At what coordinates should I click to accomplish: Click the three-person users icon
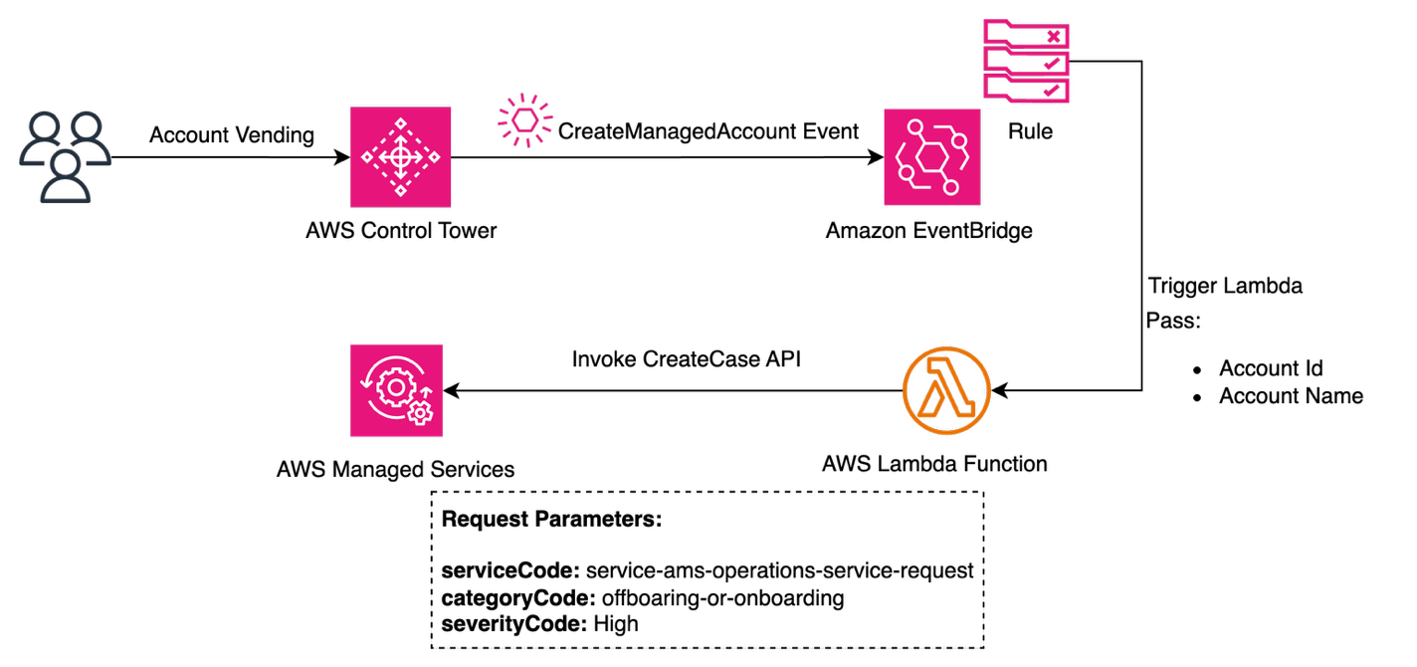point(65,157)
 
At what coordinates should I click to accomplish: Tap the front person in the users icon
point(65,176)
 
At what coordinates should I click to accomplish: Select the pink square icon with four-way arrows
point(400,157)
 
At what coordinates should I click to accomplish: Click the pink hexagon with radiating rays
point(525,120)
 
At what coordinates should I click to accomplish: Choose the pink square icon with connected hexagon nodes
point(931,157)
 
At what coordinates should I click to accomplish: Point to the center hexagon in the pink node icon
point(931,157)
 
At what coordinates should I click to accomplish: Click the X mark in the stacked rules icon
point(1055,37)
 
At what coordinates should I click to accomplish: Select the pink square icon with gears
point(396,390)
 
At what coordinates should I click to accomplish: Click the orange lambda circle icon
point(946,390)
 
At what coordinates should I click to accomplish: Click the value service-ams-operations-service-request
point(779,571)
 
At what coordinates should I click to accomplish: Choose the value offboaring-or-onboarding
point(723,598)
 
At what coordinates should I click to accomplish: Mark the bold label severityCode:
point(514,624)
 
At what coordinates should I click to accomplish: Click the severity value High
point(616,624)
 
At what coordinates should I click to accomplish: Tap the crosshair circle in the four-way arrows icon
point(400,157)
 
